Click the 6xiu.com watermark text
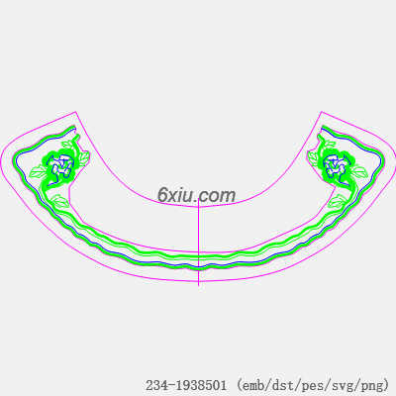(196, 195)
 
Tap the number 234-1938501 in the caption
(186, 385)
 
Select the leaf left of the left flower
(38, 172)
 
